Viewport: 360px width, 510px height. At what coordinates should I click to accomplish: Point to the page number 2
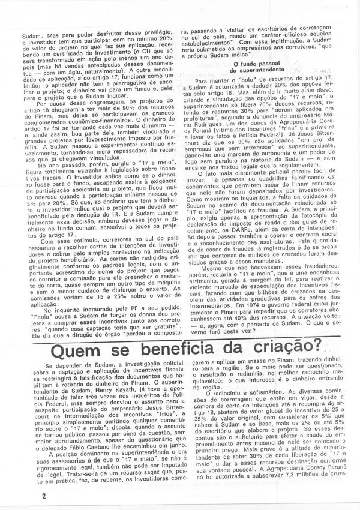(11, 495)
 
